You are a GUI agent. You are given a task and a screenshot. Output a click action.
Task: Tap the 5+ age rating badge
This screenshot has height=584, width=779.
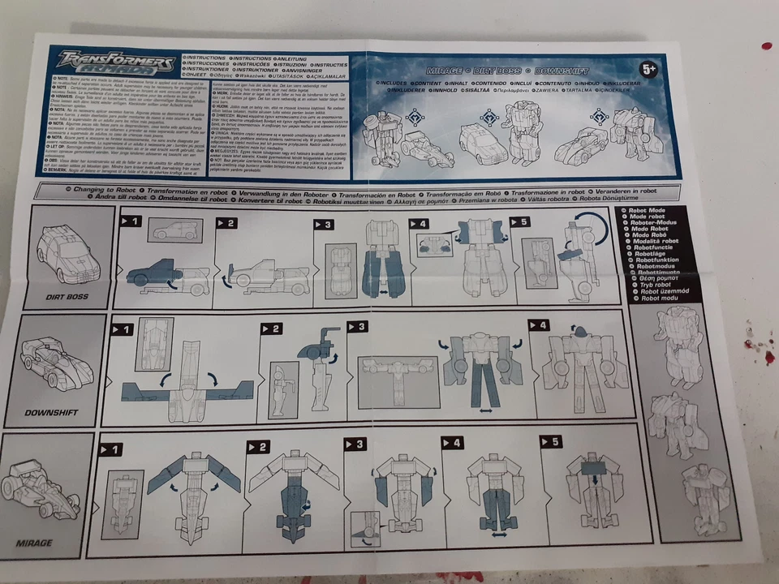click(x=648, y=71)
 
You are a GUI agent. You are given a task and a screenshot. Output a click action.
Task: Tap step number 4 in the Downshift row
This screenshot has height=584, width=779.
click(x=539, y=326)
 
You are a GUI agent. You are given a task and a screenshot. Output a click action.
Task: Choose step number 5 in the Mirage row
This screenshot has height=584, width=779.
click(x=552, y=442)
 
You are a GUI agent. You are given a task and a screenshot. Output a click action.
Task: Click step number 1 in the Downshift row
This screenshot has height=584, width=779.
click(x=123, y=329)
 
